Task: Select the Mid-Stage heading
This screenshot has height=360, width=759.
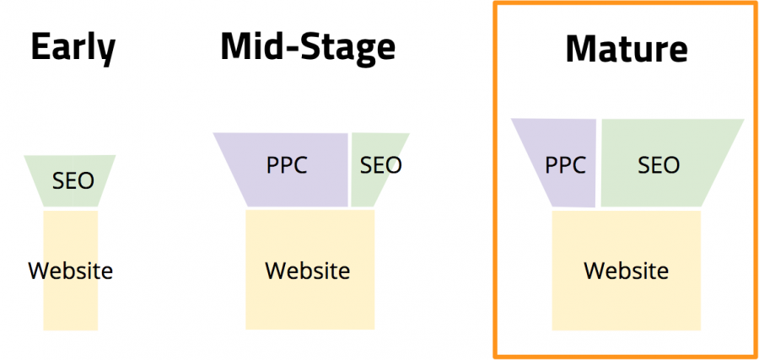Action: pyautogui.click(x=308, y=47)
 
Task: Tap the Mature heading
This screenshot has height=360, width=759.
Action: pyautogui.click(x=627, y=49)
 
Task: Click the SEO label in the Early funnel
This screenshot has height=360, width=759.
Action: pyautogui.click(x=73, y=181)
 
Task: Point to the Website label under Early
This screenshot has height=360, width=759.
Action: pyautogui.click(x=71, y=270)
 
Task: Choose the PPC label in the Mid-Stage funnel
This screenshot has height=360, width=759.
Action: pyautogui.click(x=287, y=165)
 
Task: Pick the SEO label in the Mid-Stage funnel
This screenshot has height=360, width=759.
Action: pyautogui.click(x=381, y=165)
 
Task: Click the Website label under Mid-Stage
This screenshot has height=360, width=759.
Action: pyautogui.click(x=307, y=270)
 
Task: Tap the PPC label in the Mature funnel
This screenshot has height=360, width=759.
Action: pyautogui.click(x=565, y=165)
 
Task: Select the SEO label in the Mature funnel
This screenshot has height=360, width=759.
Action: pyautogui.click(x=659, y=165)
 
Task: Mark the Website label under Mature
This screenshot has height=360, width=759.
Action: pyautogui.click(x=627, y=270)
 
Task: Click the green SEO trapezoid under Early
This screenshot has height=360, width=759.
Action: pyautogui.click(x=70, y=181)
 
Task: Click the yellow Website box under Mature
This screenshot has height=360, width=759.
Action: pyautogui.click(x=627, y=270)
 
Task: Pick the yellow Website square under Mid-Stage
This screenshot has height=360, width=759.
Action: pyautogui.click(x=310, y=269)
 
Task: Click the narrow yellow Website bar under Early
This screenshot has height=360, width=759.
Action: pyautogui.click(x=71, y=270)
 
